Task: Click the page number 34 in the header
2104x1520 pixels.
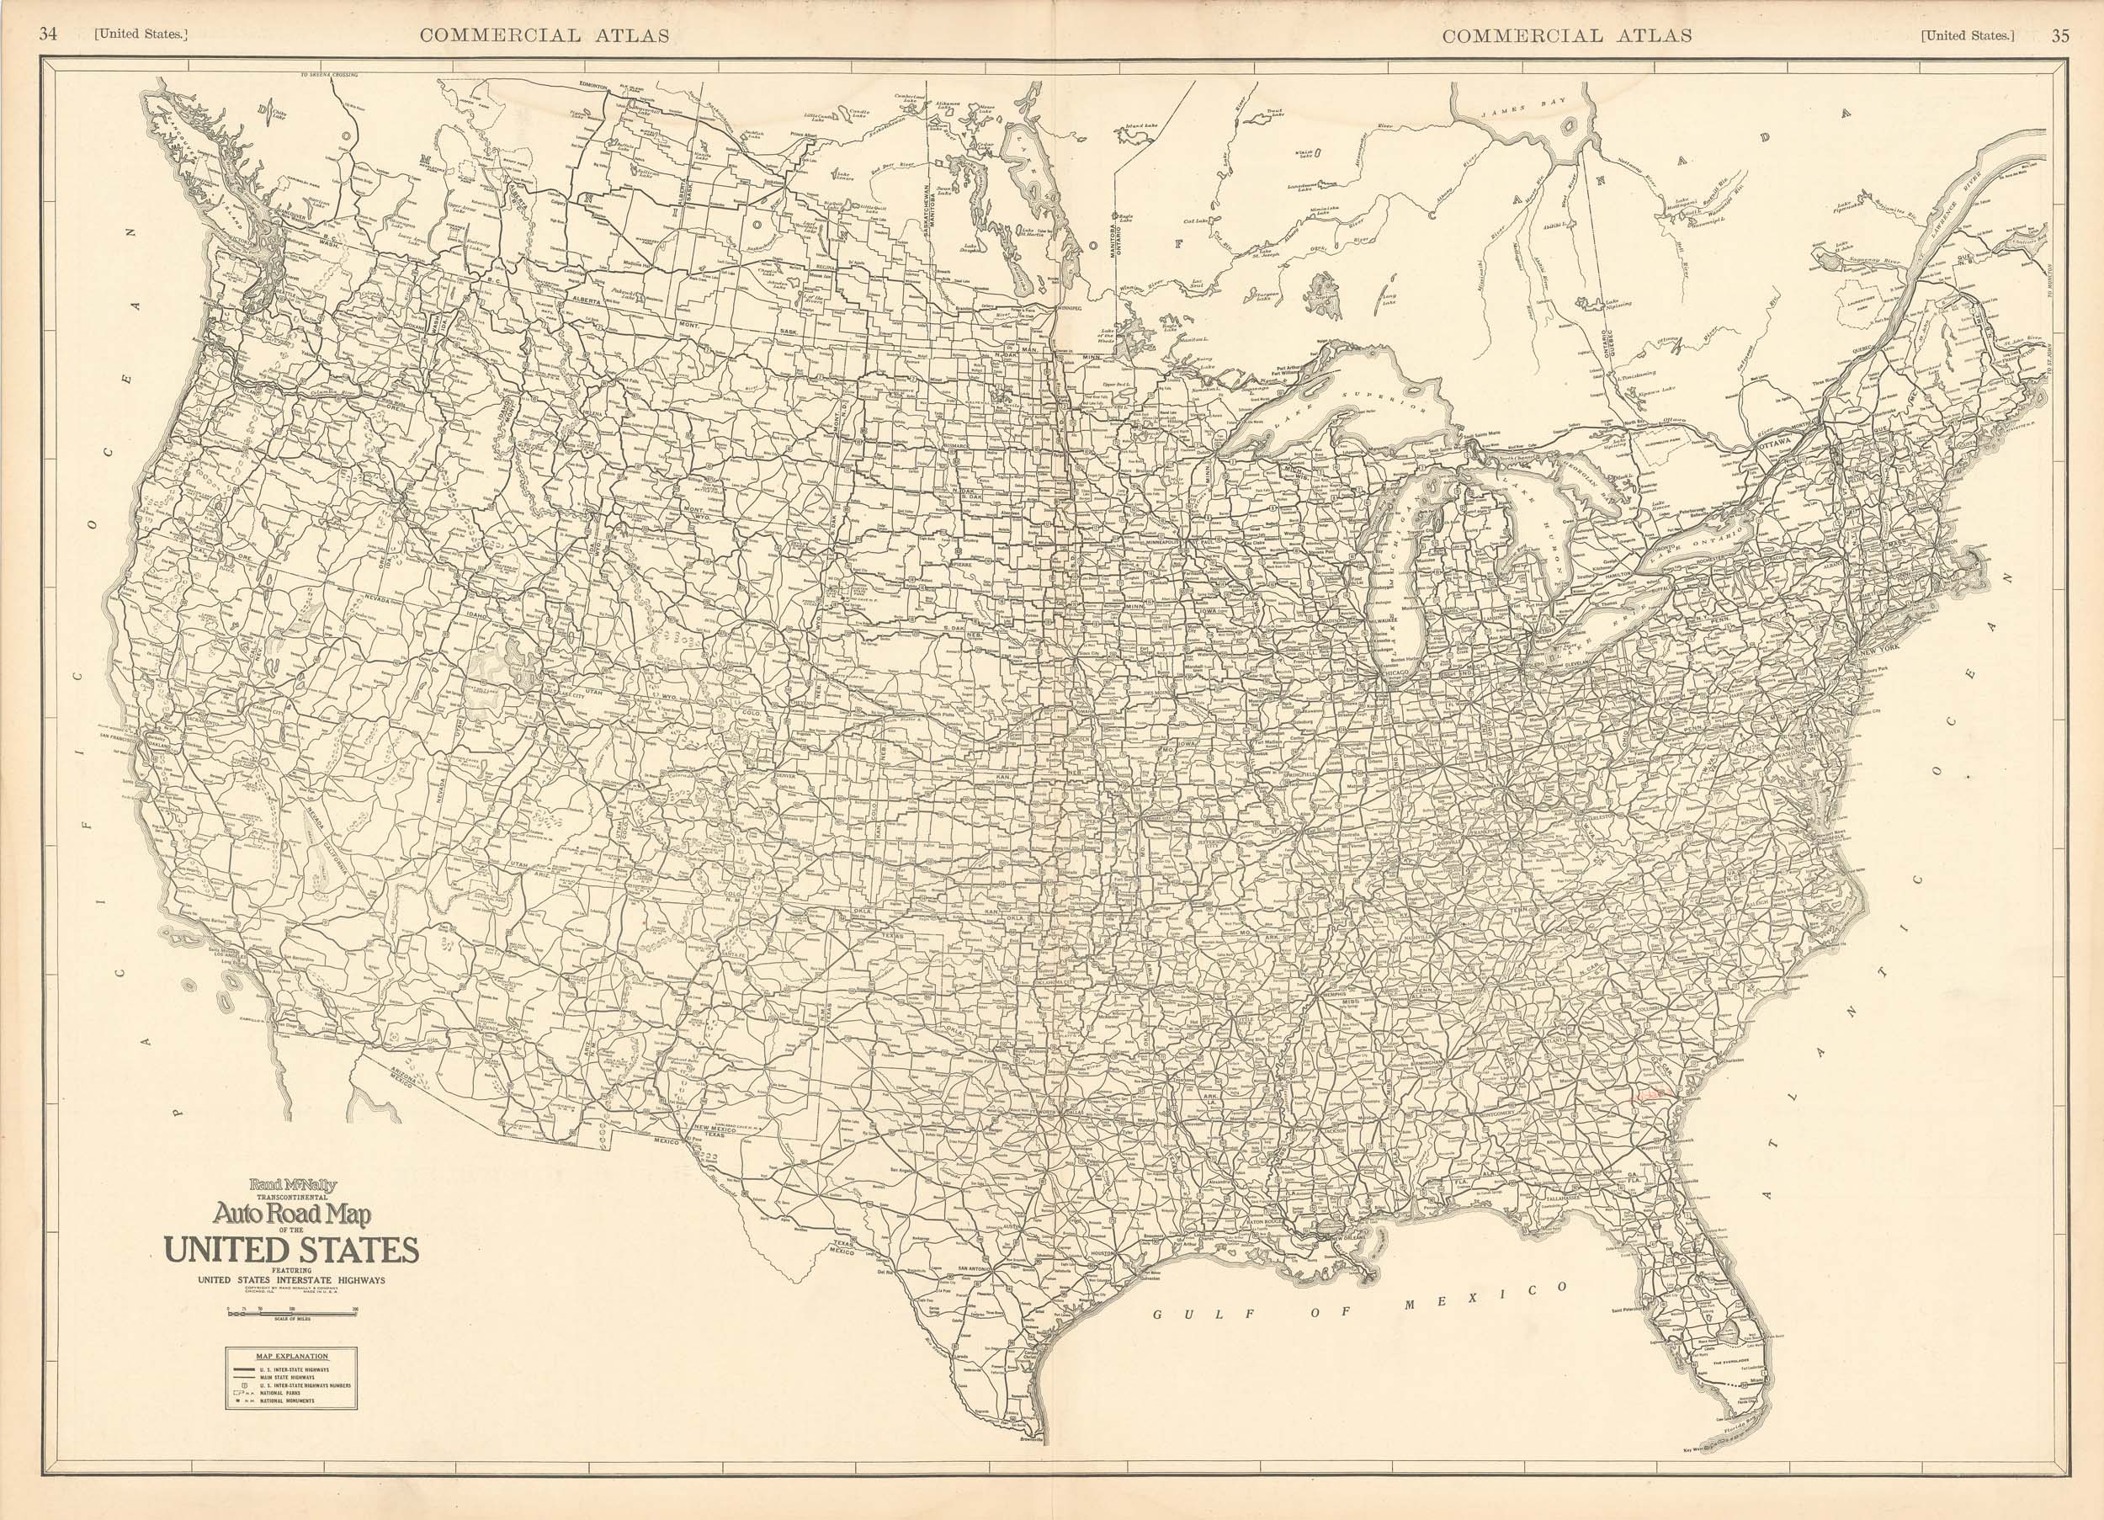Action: coord(48,35)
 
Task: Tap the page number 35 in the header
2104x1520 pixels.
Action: coord(2053,35)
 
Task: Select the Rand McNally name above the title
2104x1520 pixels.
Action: coord(292,1184)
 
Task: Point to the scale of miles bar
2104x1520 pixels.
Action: coord(291,1312)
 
